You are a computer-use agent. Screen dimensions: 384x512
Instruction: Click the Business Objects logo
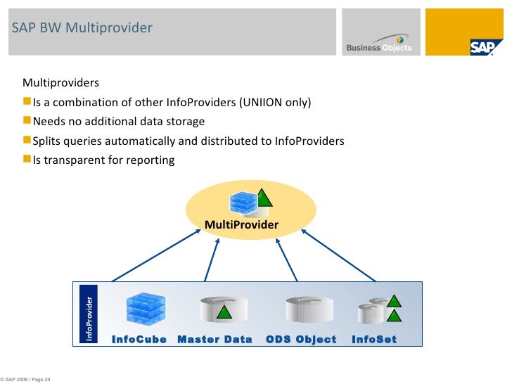coord(379,46)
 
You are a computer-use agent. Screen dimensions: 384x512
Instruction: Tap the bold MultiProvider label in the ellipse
coord(241,224)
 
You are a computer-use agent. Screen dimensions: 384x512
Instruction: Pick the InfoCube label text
coord(139,339)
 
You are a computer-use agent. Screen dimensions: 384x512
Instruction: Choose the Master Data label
coord(215,339)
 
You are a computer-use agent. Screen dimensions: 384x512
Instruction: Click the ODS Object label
coord(301,339)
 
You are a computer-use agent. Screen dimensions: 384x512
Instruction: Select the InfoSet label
coord(374,339)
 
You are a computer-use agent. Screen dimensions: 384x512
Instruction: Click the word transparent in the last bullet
coord(70,160)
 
